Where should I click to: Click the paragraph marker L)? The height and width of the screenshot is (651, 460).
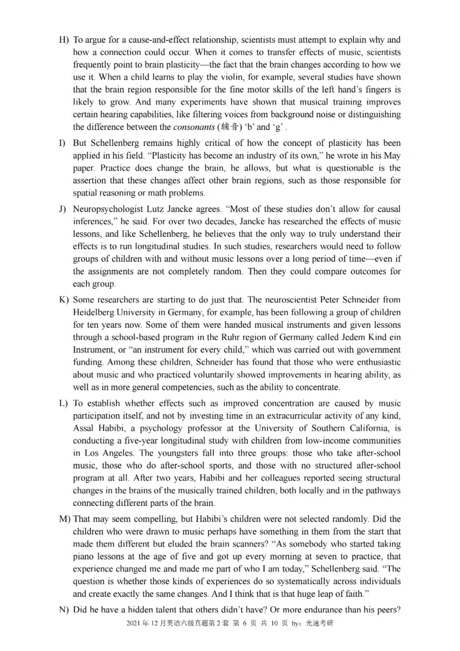[63, 403]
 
